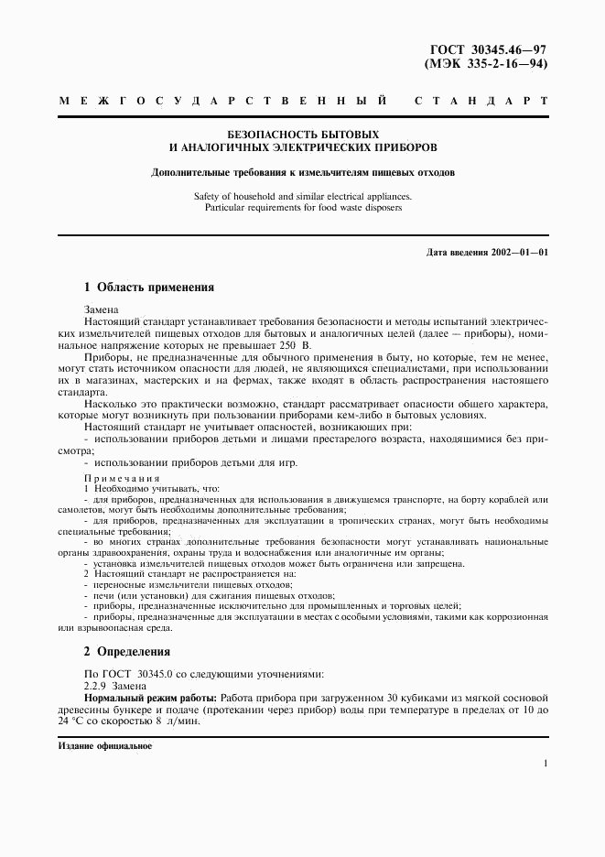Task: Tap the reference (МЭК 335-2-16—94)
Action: [488, 65]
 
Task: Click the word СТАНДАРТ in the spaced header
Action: [481, 100]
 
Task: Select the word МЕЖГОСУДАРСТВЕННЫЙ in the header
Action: [222, 100]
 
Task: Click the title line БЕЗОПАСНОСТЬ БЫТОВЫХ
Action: [303, 134]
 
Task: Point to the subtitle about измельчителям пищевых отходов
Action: [303, 172]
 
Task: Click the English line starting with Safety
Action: [303, 196]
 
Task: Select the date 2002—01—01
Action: [518, 252]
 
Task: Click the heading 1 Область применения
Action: [149, 287]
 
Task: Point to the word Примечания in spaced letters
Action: [122, 478]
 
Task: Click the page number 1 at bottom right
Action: [545, 764]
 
